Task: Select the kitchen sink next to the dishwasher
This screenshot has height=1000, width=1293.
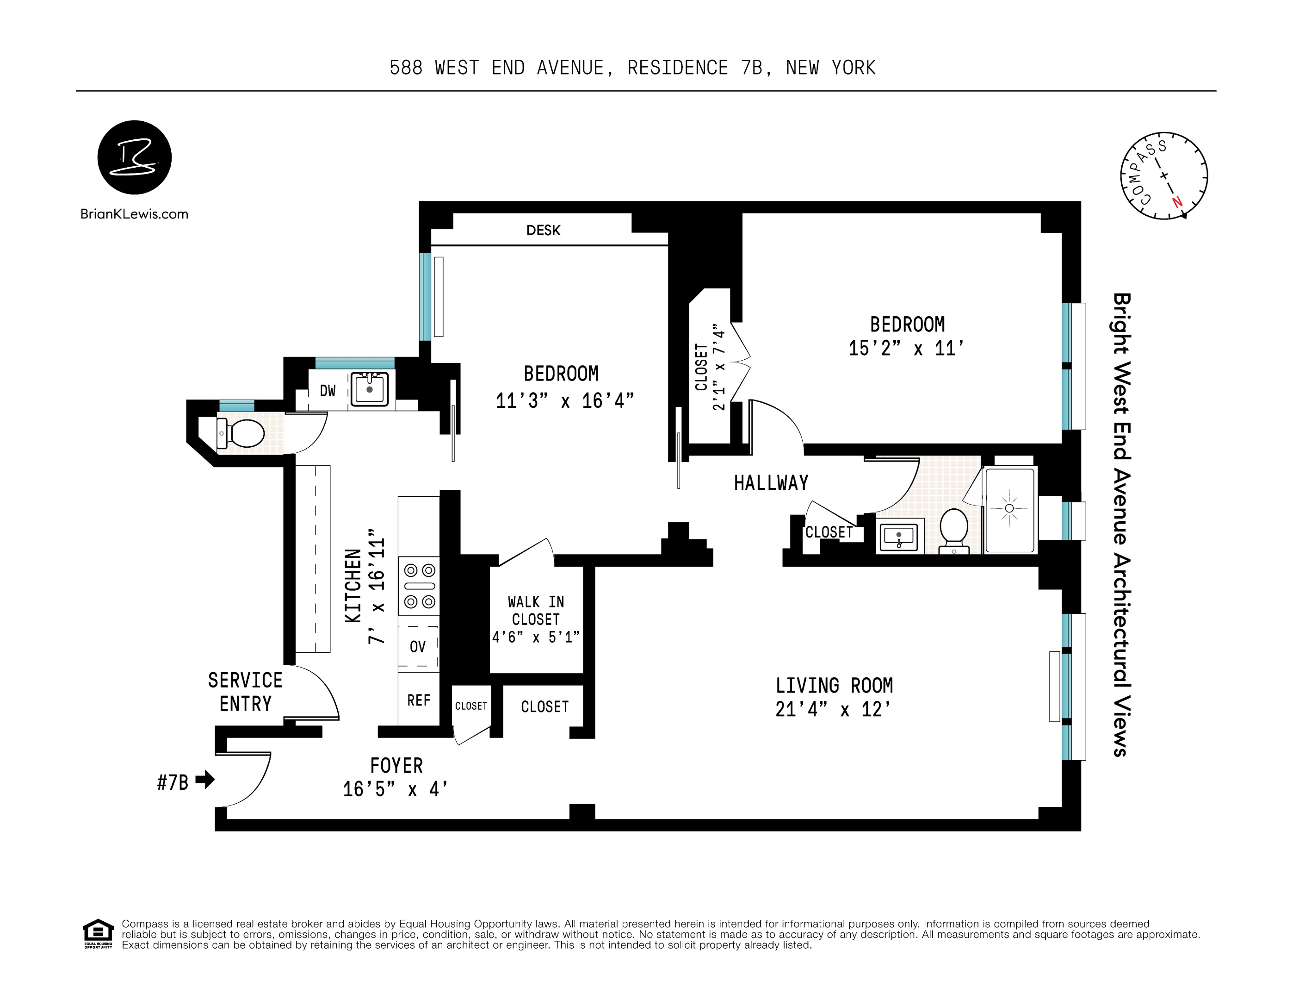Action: click(x=370, y=389)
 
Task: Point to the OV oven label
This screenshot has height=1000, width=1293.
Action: click(x=417, y=646)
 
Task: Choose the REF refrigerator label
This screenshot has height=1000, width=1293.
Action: click(x=419, y=700)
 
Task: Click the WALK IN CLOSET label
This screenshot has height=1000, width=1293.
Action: click(x=536, y=610)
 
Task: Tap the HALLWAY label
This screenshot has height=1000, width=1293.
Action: click(x=771, y=483)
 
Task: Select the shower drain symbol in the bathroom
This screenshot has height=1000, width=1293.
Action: click(x=1009, y=508)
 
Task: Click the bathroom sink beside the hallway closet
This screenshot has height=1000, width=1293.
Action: click(x=899, y=537)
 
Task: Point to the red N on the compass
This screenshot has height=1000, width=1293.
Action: click(x=1177, y=202)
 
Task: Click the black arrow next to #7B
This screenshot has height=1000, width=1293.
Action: click(x=205, y=779)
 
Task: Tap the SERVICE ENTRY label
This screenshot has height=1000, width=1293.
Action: click(x=245, y=692)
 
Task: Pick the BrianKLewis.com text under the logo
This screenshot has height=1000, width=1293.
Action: click(x=135, y=214)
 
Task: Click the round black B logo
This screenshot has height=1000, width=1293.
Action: click(x=135, y=157)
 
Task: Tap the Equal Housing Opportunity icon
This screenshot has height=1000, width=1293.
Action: click(x=98, y=933)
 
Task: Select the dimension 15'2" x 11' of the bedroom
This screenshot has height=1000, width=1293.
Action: click(x=906, y=348)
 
